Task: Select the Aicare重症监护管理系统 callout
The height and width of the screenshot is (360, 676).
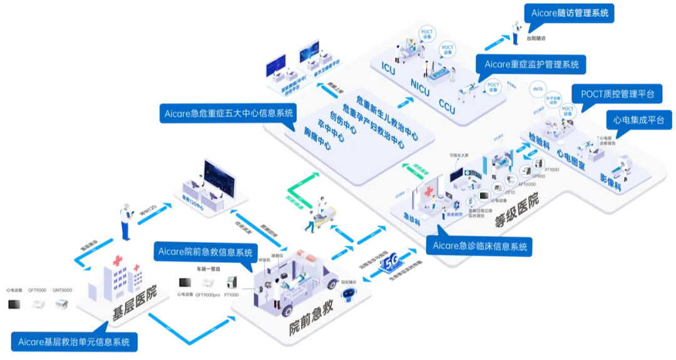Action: point(531,64)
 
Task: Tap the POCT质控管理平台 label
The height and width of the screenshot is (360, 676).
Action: point(617,94)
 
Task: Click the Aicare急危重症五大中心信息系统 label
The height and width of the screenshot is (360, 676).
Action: point(226,113)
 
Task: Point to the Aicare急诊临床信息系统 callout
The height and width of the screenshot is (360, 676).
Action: point(479,246)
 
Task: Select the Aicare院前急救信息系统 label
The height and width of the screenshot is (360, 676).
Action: point(206,252)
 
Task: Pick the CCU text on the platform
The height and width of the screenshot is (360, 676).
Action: point(447,103)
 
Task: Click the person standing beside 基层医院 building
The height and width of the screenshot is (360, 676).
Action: point(126,220)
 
